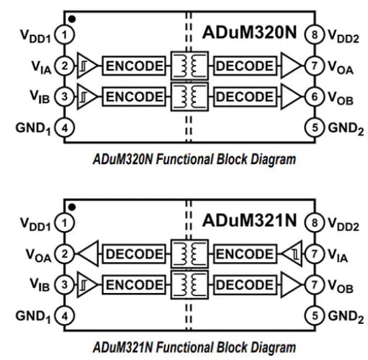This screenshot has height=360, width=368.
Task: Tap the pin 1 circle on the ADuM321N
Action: pos(65,224)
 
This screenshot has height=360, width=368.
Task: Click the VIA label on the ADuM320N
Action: pos(40,67)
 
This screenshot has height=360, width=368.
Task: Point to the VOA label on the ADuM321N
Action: pos(40,254)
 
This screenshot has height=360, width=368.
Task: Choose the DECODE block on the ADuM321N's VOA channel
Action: pos(135,254)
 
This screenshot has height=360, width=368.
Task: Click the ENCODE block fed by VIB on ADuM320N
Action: pos(135,96)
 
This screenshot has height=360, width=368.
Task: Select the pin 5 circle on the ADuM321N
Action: pos(312,315)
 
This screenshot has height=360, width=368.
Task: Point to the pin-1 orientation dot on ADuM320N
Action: pos(73,17)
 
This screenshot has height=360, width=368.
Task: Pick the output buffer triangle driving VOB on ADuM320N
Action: pos(292,96)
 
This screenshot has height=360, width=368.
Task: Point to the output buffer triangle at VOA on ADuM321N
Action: pos(87,254)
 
